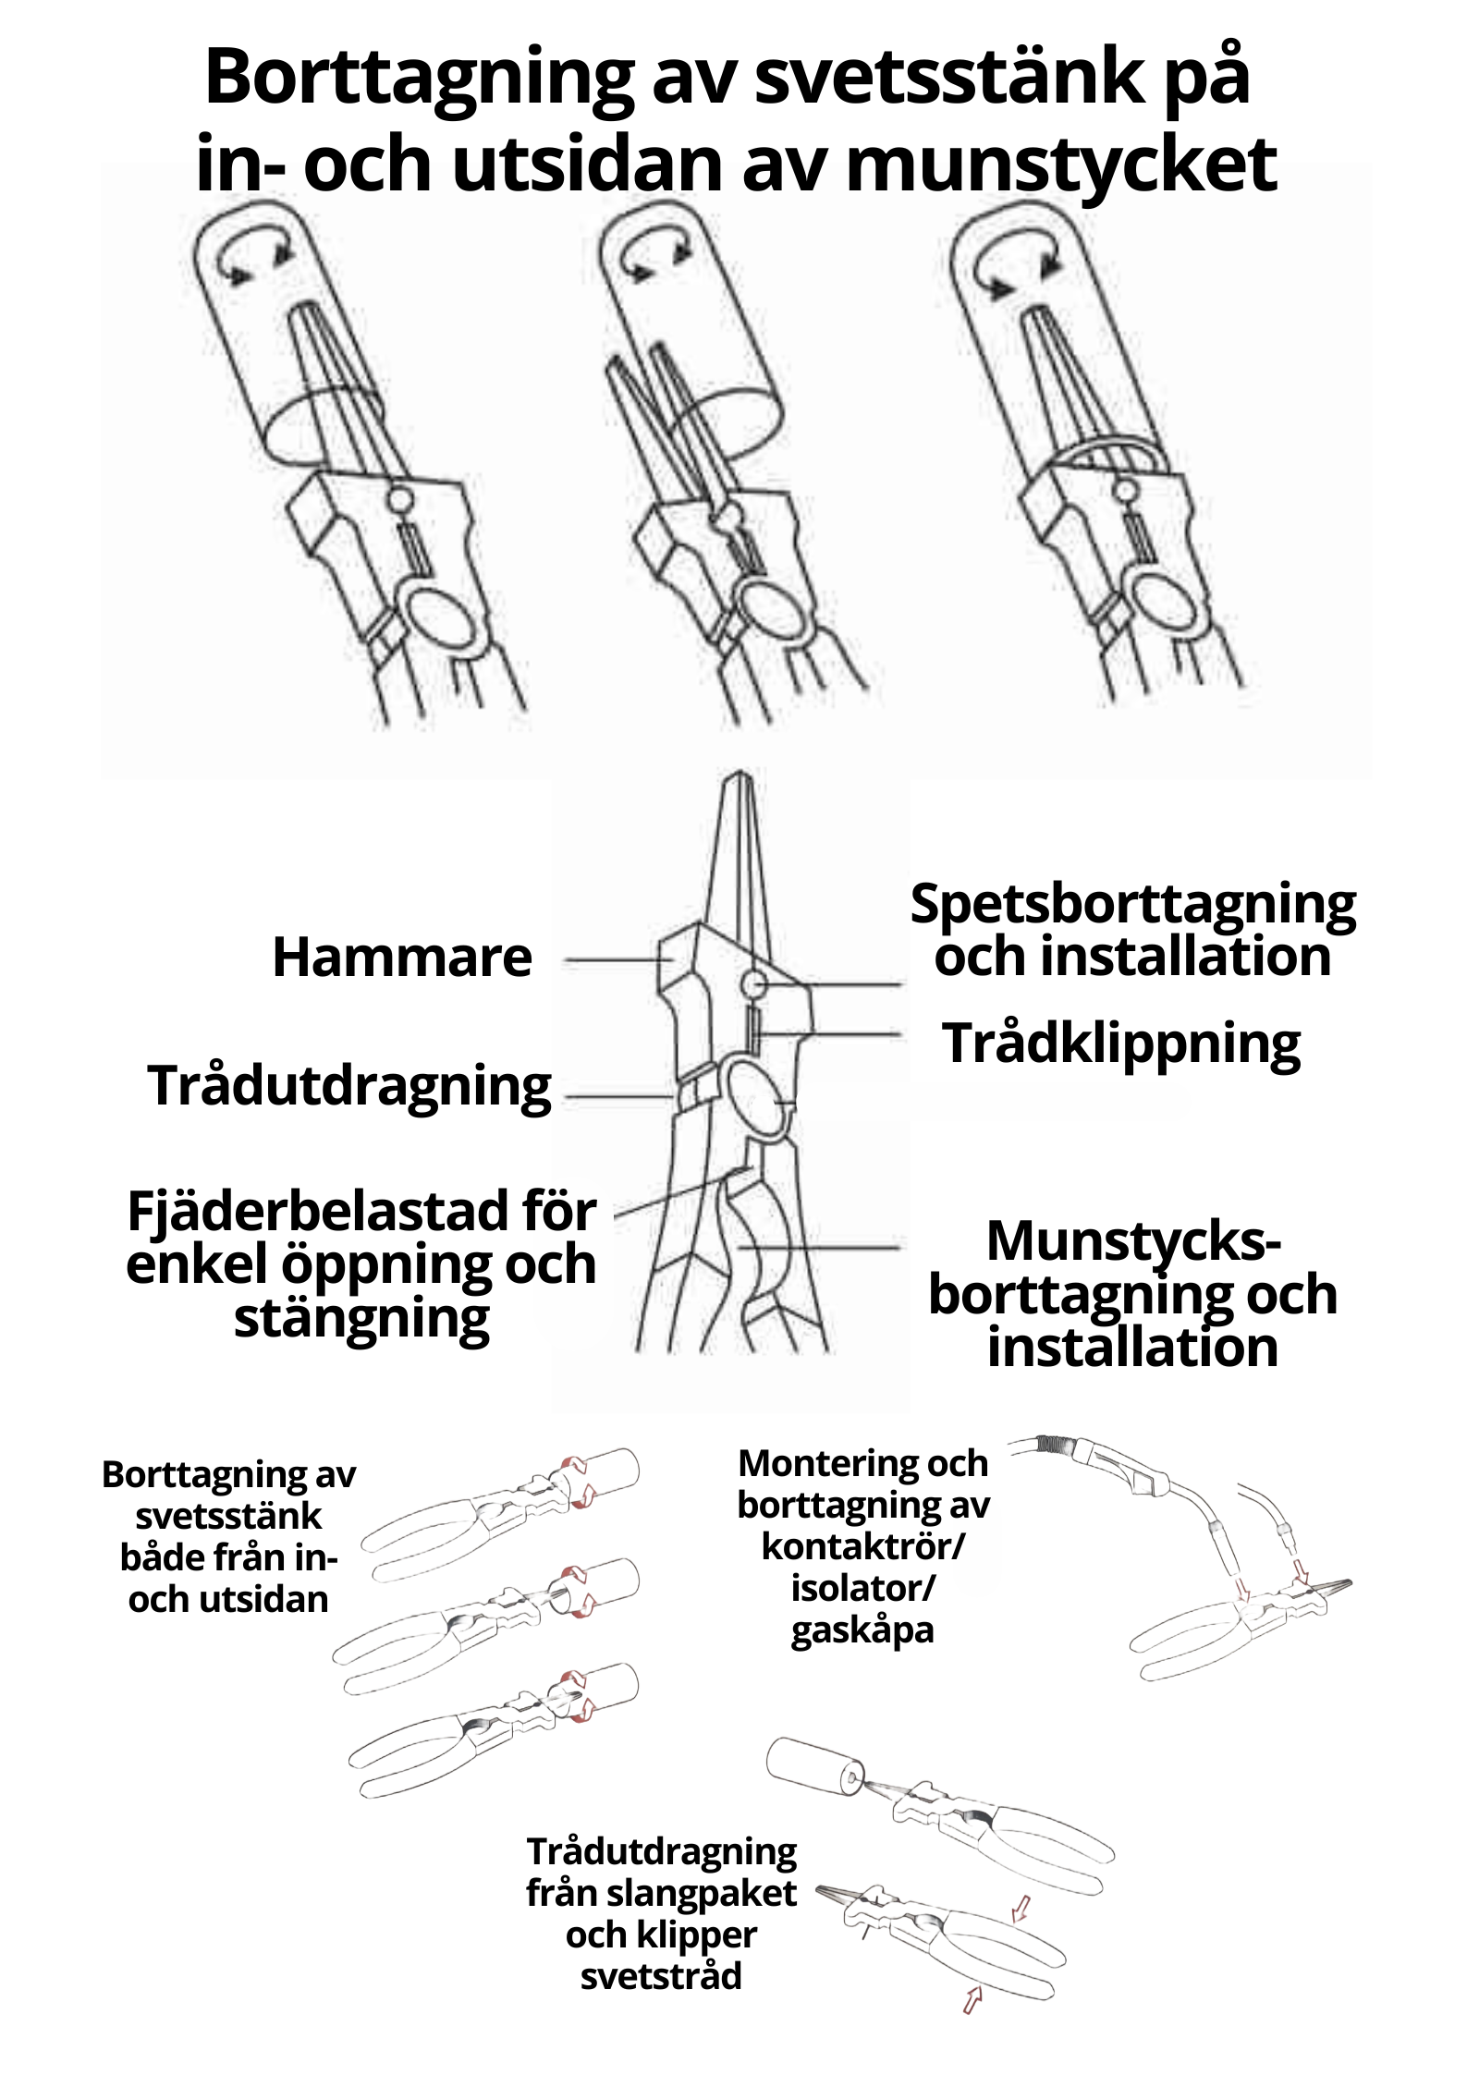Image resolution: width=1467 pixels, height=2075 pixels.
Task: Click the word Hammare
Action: (401, 958)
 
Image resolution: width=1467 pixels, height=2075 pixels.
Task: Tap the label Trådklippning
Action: (1121, 1044)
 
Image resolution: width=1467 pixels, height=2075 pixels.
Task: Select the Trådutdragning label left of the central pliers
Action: (349, 1085)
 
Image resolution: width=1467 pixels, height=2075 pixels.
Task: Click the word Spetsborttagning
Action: (1132, 904)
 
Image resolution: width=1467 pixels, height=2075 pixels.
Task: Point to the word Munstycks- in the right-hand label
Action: (1133, 1240)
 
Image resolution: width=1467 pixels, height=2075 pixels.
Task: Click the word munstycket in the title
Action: (1060, 164)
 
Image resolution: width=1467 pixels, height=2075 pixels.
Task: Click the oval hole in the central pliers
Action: (756, 1096)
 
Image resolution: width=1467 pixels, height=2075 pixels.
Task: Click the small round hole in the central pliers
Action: (754, 985)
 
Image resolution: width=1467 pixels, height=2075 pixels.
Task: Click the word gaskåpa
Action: (862, 1629)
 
